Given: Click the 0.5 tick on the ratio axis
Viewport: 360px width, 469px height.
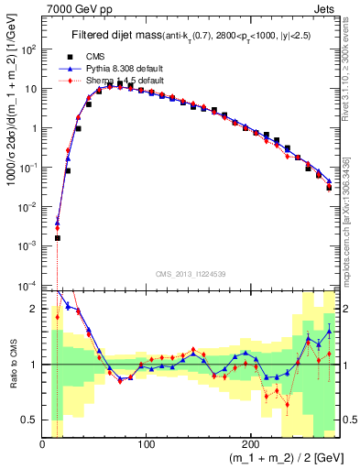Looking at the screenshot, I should coord(31,420).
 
